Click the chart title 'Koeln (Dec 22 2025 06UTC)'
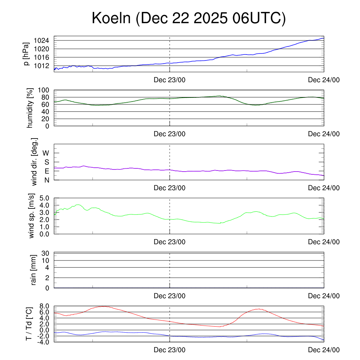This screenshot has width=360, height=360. tap(189, 18)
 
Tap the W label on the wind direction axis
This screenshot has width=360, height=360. tap(46, 153)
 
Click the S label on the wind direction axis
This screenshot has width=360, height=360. tap(46, 162)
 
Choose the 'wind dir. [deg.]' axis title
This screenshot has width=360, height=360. tap(34, 162)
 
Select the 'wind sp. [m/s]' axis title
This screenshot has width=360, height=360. tap(32, 216)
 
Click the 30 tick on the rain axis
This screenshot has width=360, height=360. tap(46, 253)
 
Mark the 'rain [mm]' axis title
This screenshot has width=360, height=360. tap(33, 270)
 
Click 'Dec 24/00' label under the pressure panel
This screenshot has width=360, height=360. tap(324, 80)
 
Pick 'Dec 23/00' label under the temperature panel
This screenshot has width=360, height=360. tap(169, 350)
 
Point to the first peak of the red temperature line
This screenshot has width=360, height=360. tap(104, 306)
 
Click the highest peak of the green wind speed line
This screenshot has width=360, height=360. tap(78, 205)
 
